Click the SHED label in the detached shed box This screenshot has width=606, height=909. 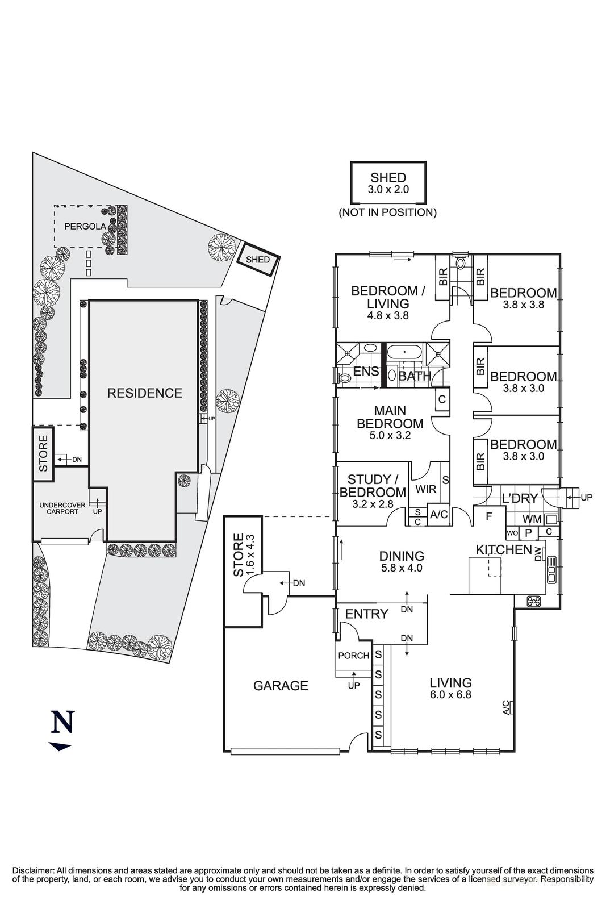click(x=388, y=177)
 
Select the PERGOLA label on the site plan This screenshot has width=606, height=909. click(x=85, y=226)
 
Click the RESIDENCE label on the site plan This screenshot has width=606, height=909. click(x=145, y=393)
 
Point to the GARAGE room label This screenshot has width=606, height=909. click(x=281, y=686)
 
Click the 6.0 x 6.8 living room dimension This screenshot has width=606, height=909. click(x=450, y=694)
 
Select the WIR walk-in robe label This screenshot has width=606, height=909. click(x=425, y=489)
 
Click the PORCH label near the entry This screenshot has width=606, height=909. click(x=353, y=656)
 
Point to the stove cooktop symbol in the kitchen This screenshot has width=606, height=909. click(x=533, y=601)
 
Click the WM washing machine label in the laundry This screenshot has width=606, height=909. click(x=532, y=519)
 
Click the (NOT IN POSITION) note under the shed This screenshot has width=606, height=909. click(x=388, y=212)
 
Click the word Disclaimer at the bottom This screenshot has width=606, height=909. click(x=33, y=870)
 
